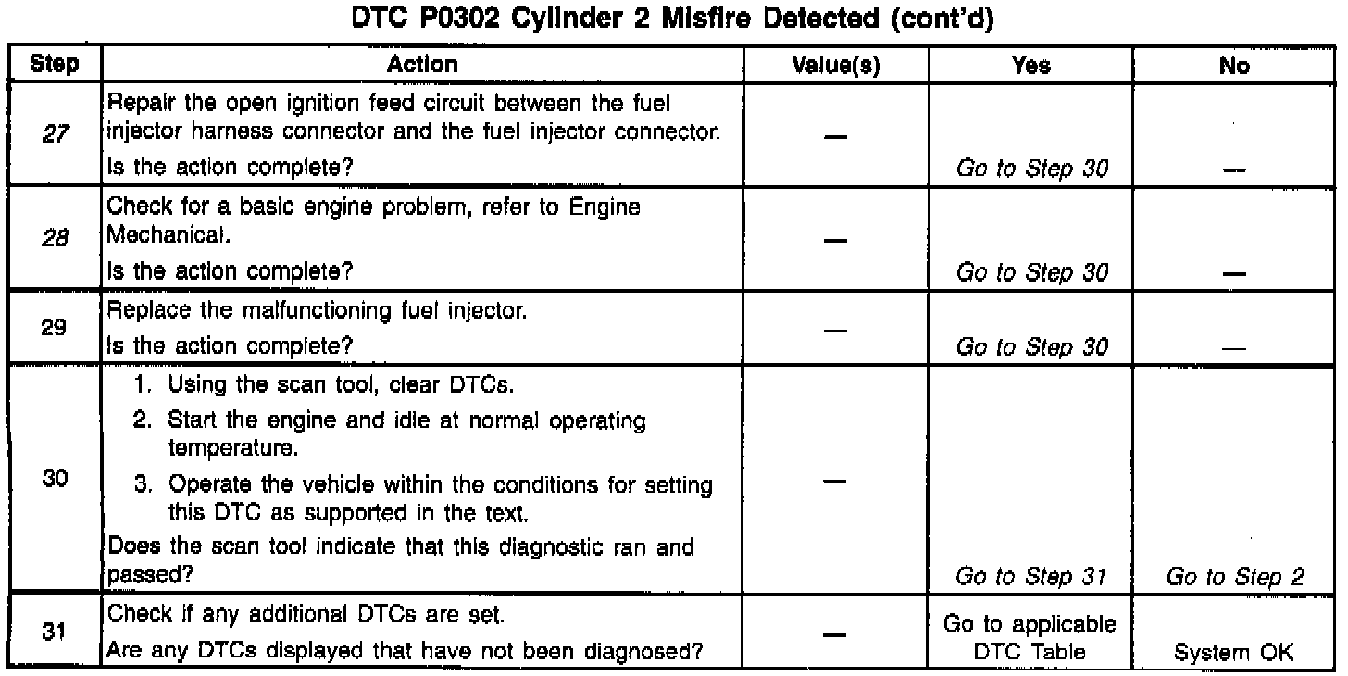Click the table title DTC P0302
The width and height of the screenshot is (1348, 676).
pyautogui.click(x=673, y=20)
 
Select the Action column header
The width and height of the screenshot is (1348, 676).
pyautogui.click(x=422, y=65)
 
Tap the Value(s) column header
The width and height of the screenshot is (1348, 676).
pyautogui.click(x=836, y=66)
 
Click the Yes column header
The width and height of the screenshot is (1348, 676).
pyautogui.click(x=1031, y=66)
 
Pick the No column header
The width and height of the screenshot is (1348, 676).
pyautogui.click(x=1235, y=66)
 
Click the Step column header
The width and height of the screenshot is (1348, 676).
pyautogui.click(x=54, y=65)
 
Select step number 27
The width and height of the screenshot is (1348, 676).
pyautogui.click(x=54, y=133)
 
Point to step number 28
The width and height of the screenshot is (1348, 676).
pyautogui.click(x=54, y=239)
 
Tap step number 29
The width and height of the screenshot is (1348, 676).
pyautogui.click(x=54, y=329)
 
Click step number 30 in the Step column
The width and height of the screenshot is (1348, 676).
pyautogui.click(x=54, y=482)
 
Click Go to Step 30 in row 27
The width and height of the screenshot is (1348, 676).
pyautogui.click(x=1031, y=169)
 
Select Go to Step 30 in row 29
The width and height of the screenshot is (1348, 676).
pyautogui.click(x=1031, y=347)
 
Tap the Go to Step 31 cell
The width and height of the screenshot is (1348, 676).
pyautogui.click(x=1031, y=576)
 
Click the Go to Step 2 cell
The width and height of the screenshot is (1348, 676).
pyautogui.click(x=1235, y=576)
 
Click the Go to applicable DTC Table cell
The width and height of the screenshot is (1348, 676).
pyautogui.click(x=1031, y=638)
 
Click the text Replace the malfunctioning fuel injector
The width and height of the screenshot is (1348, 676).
pyautogui.click(x=318, y=313)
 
